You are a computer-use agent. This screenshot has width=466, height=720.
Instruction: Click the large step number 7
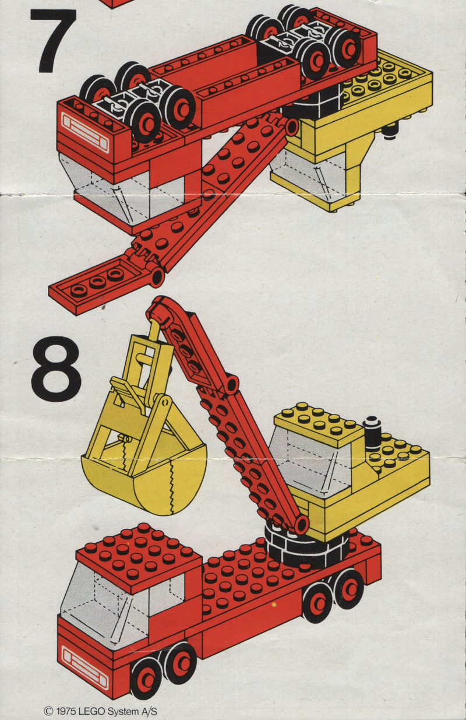pyautogui.click(x=54, y=41)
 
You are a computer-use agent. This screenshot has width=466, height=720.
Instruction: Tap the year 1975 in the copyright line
pyautogui.click(x=65, y=711)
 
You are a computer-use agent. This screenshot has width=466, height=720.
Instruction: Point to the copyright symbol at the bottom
pyautogui.click(x=48, y=710)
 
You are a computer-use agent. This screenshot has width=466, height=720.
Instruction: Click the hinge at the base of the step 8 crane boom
pyautogui.click(x=301, y=524)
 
